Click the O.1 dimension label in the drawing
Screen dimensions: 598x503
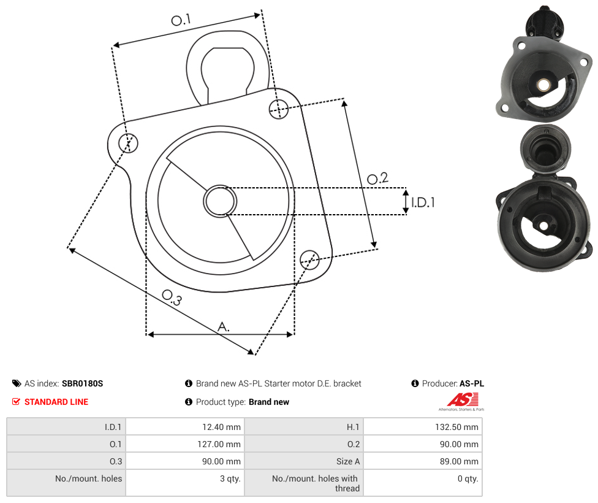coord(181,20)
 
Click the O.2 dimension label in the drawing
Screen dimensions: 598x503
coord(377,179)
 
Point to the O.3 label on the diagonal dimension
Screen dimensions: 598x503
coord(172,298)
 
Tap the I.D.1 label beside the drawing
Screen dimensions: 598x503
coord(423,202)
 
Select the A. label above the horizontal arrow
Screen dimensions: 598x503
coord(224,326)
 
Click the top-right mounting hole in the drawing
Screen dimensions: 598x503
coord(279,109)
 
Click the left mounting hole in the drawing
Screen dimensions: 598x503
coord(129,143)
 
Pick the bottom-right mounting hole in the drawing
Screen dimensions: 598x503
coord(309,259)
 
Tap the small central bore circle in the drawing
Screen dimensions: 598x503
coord(220,201)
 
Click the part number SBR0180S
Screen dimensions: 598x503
coord(82,383)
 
